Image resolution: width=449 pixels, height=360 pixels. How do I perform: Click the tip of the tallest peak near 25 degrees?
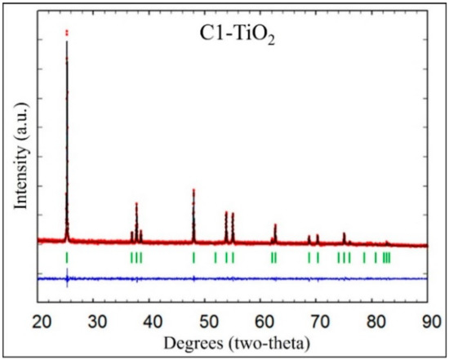[x=67, y=32]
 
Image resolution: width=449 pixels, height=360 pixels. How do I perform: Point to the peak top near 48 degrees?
[x=193, y=190]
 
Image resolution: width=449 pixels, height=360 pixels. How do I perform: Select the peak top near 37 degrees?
[x=136, y=203]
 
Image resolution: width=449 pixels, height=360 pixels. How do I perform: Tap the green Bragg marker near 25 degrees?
[x=67, y=258]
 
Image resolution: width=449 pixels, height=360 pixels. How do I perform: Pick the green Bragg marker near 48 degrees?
[x=193, y=258]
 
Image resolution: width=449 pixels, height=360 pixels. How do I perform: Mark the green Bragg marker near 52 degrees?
[x=216, y=258]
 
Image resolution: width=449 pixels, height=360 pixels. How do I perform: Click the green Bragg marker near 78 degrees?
[x=364, y=258]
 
